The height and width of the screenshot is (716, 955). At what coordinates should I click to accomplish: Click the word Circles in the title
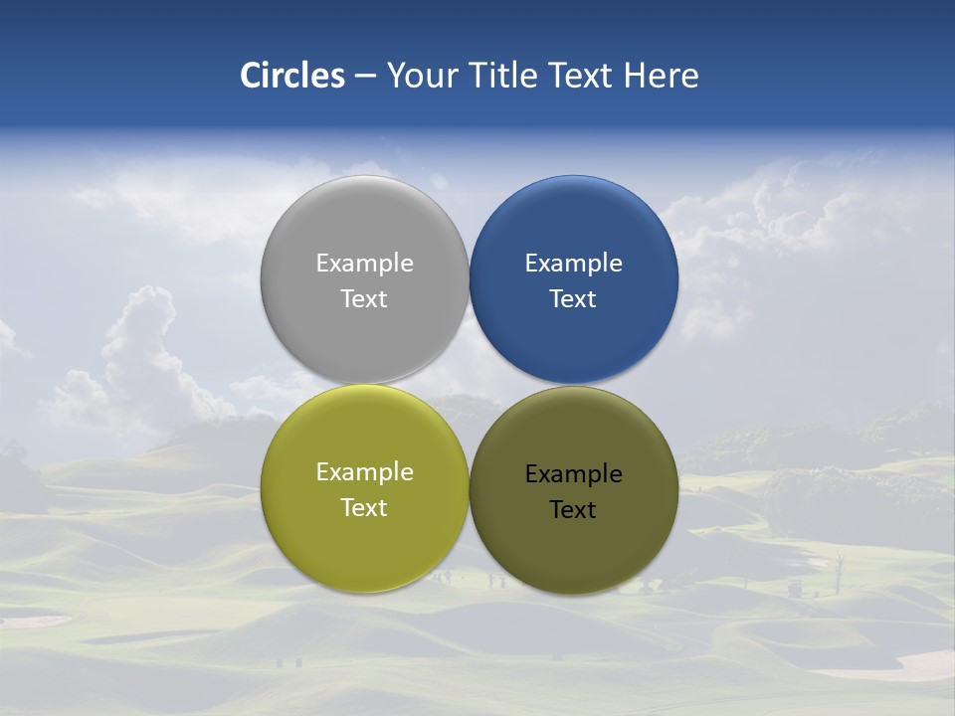(x=292, y=76)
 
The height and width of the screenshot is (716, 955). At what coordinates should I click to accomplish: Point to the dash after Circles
(x=365, y=77)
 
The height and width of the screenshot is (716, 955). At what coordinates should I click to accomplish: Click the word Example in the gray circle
(x=364, y=264)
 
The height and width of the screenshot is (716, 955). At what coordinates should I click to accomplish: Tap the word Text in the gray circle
(x=364, y=298)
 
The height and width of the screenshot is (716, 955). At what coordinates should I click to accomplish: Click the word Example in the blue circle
(x=573, y=264)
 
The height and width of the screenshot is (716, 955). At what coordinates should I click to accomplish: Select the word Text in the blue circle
(x=573, y=298)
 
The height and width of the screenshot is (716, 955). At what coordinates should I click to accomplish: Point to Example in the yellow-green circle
(x=364, y=472)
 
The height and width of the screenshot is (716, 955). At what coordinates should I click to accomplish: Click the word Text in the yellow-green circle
(x=364, y=507)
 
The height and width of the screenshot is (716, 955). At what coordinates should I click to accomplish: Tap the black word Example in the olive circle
(x=573, y=474)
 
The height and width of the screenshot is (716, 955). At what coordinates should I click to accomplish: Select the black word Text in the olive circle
(x=573, y=509)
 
